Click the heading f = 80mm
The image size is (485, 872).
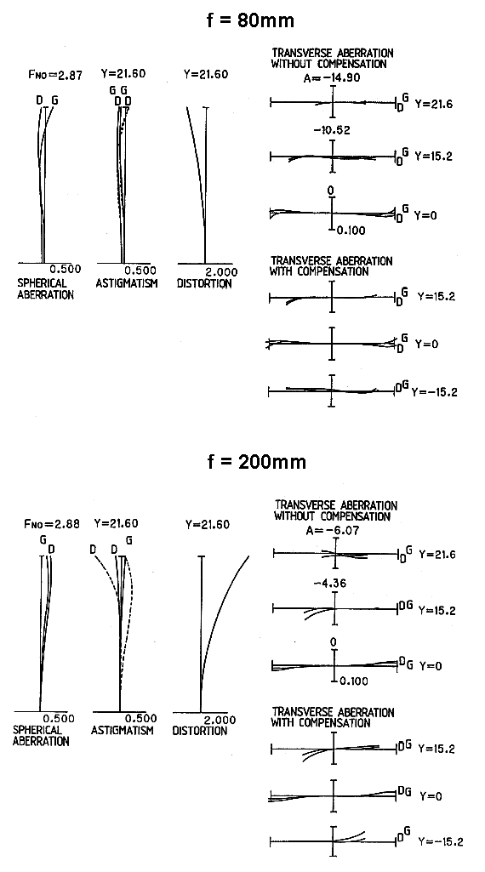coord(248,20)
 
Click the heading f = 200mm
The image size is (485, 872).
coord(256,462)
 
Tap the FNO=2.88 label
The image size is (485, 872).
coord(52,524)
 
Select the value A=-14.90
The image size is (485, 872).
coord(332,78)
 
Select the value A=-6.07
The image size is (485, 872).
coord(333,531)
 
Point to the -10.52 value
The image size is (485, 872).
coord(332,131)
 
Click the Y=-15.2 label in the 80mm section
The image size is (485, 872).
coord(435,393)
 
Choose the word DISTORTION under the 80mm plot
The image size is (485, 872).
coord(204,283)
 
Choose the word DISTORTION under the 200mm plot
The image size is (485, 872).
coord(200,731)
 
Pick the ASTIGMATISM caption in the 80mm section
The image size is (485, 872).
coord(127,283)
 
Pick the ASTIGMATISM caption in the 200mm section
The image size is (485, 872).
coord(123,730)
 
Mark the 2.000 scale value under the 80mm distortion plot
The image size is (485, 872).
coord(221,272)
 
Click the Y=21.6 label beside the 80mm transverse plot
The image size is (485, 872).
coord(433,104)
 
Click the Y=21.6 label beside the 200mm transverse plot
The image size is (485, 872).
coord(437,555)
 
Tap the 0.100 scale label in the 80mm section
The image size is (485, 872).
coord(351,231)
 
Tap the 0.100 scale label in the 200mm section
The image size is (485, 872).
coord(353,681)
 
